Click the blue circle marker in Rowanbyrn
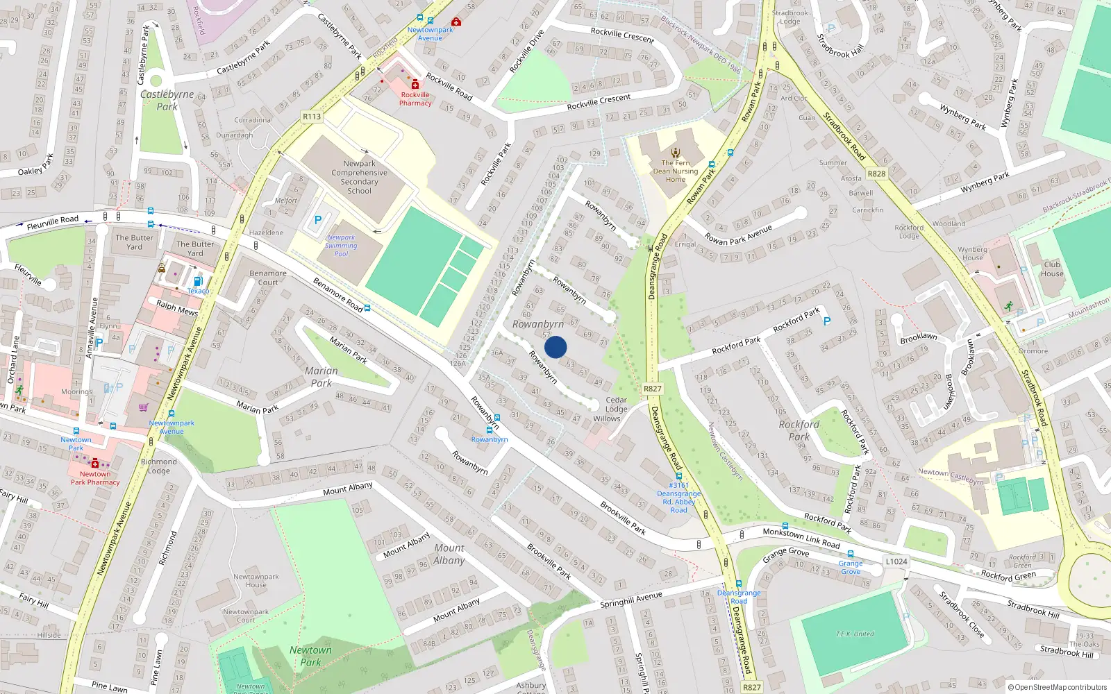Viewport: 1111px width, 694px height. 555,347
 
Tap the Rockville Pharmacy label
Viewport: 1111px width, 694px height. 415,99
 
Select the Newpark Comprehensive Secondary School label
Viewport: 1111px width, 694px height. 359,177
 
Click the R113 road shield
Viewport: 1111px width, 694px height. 312,117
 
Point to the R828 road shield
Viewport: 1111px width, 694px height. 876,173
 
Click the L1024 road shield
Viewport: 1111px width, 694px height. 896,561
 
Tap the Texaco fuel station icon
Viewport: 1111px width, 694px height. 198,282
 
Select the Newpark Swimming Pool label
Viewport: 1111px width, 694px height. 341,246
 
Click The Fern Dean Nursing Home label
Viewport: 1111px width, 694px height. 675,171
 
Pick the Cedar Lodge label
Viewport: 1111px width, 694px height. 616,405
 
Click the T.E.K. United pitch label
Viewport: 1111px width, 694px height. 855,634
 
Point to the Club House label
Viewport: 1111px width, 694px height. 1052,269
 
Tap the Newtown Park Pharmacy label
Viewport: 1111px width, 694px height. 95,478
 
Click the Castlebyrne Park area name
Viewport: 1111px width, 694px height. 167,100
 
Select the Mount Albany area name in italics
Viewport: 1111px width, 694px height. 449,554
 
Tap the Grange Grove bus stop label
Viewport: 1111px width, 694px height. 851,567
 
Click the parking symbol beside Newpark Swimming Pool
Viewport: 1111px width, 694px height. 318,220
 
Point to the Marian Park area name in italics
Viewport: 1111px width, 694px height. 321,377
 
